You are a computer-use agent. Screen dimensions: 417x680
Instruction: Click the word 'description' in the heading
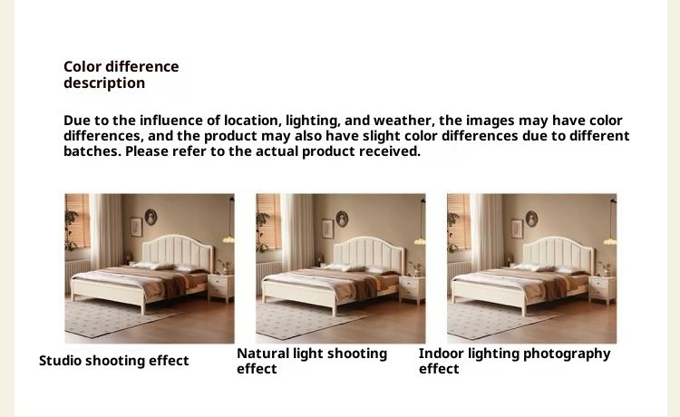[104, 83]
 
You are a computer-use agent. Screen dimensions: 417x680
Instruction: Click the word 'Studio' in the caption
[61, 361]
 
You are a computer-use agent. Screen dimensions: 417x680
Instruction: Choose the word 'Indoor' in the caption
[442, 354]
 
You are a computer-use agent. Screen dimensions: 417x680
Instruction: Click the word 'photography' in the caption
[567, 354]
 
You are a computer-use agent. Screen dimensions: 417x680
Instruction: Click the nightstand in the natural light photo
[413, 287]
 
